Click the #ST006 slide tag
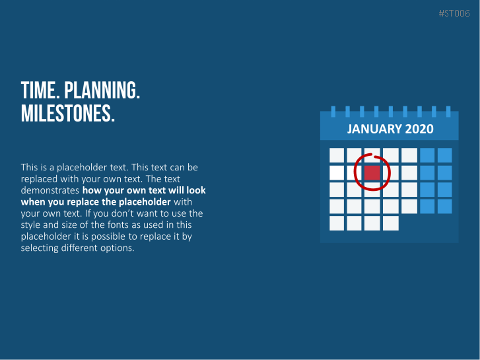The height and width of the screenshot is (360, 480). click(454, 13)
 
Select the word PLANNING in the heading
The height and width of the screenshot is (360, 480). click(102, 90)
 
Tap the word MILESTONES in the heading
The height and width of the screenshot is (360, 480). click(67, 114)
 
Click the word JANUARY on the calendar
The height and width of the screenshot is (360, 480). click(374, 129)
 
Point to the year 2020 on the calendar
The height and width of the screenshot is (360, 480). click(419, 129)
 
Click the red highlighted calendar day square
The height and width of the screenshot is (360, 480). click(372, 173)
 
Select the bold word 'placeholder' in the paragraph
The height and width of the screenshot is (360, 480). click(145, 202)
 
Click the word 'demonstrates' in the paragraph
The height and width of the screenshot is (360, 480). click(50, 190)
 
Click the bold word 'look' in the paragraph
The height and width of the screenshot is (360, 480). click(196, 190)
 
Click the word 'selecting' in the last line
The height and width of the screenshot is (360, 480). click(40, 248)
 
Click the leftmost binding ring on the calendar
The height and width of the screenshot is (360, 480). click(333, 111)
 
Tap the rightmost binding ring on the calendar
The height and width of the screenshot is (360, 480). click(448, 111)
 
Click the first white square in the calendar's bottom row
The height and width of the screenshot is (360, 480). click(337, 223)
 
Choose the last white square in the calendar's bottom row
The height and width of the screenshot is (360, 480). click(391, 223)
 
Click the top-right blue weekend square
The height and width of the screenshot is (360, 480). click(445, 155)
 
